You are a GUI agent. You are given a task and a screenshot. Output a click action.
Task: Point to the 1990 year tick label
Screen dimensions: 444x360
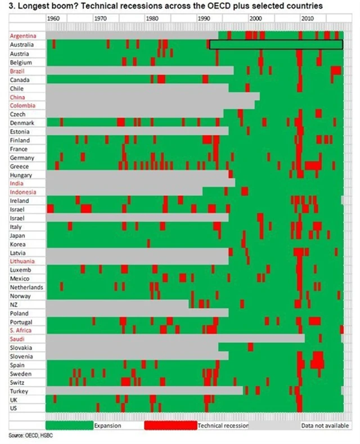click(204, 19)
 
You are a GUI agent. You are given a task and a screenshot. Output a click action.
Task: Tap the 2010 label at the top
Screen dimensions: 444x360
click(307, 19)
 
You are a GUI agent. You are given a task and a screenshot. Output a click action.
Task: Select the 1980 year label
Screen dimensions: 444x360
click(152, 19)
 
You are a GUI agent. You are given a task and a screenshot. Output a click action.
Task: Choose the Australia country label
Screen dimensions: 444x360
click(22, 44)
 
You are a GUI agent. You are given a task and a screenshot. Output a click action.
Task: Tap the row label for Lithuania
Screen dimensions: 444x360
click(22, 262)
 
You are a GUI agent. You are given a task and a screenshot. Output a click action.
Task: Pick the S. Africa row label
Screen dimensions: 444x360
click(21, 331)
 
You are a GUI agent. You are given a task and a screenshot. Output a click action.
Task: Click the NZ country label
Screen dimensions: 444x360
click(14, 304)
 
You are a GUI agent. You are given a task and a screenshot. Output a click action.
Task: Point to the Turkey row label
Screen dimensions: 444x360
click(19, 391)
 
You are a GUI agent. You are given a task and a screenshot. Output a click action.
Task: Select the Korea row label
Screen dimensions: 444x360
click(17, 244)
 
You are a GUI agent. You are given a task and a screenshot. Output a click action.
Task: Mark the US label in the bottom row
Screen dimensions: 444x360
click(13, 408)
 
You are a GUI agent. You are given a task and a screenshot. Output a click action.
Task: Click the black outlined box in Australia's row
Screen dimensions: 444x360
click(276, 44)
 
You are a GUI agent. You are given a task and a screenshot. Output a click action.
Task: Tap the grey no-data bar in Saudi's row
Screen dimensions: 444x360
click(174, 339)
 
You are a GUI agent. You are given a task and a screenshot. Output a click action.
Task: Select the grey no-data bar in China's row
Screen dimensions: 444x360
click(152, 97)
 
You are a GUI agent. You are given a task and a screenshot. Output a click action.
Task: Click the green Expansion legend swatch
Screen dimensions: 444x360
click(69, 425)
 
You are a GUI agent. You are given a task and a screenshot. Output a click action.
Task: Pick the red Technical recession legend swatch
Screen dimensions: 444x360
click(170, 425)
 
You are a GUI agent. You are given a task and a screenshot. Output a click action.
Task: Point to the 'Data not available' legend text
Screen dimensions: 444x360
click(325, 426)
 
